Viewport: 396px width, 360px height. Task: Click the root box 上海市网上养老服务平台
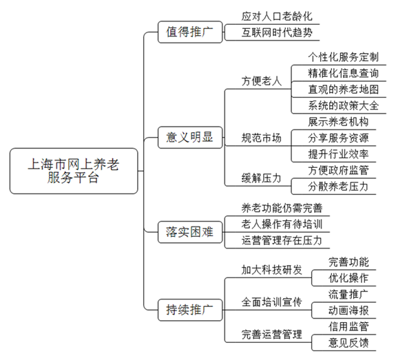click(74, 171)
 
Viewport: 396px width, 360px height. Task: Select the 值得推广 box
click(190, 32)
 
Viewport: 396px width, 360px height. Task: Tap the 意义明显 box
click(190, 138)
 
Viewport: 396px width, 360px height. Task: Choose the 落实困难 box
click(190, 232)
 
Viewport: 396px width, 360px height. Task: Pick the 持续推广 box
click(190, 310)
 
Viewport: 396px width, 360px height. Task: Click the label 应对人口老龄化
click(277, 17)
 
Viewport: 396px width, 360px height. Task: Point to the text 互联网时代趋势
click(277, 32)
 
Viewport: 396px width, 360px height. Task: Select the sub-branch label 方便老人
click(262, 81)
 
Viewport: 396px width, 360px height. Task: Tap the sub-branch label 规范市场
click(262, 138)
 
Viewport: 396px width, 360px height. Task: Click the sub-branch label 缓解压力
click(262, 178)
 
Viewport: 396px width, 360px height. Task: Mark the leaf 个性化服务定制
click(344, 57)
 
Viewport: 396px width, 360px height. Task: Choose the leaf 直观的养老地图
click(344, 89)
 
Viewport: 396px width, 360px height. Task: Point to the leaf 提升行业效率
click(338, 154)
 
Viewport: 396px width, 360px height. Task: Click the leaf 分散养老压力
click(338, 187)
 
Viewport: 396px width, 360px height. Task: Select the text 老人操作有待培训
click(282, 224)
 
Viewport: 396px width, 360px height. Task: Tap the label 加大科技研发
click(272, 270)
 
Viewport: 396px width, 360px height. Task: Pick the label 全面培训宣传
click(272, 302)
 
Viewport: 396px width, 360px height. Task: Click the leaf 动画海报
click(348, 310)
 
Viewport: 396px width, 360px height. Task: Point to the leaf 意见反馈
click(348, 343)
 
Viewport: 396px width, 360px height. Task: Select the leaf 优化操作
click(348, 278)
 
